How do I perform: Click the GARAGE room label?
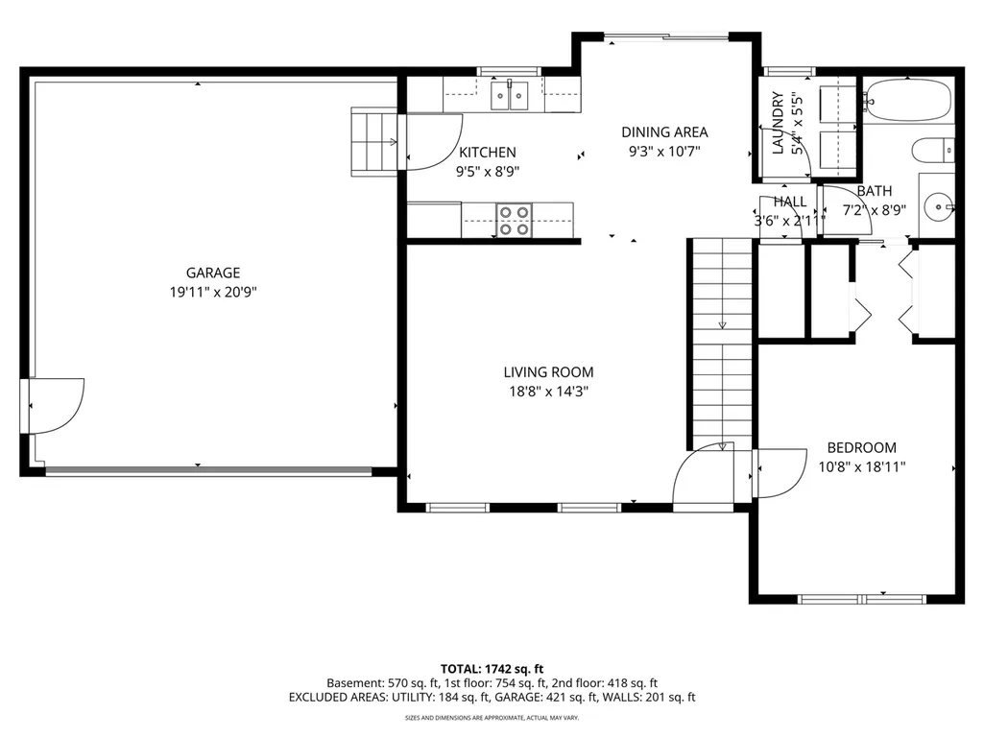213,273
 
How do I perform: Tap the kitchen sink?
509,95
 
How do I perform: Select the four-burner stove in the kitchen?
514,221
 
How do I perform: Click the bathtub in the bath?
908,99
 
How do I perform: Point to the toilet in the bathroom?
933,151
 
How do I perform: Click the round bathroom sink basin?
939,205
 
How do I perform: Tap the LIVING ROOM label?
548,372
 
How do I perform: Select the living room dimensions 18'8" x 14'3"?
548,392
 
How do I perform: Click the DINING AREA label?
664,132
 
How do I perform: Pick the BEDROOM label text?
862,447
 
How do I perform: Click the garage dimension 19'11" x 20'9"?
213,292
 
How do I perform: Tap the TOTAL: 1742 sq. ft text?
492,669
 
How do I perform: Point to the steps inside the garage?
374,142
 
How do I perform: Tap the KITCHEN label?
488,153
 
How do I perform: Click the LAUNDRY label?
779,123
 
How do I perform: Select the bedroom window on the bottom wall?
862,600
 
